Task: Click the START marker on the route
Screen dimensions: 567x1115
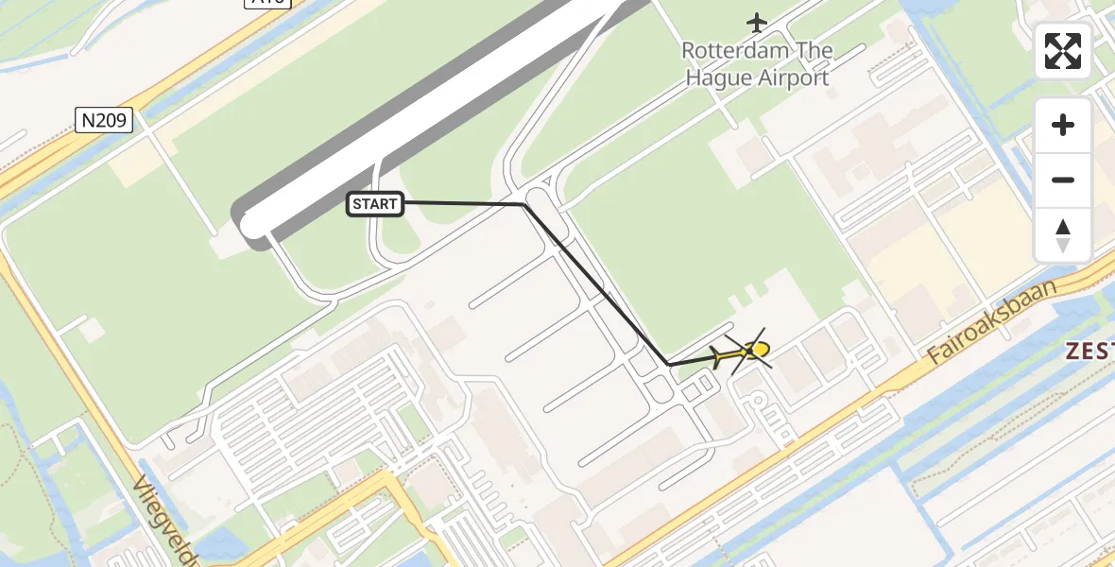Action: pyautogui.click(x=376, y=203)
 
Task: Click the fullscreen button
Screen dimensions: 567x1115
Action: pyautogui.click(x=1063, y=51)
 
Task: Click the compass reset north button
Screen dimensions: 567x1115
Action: pyautogui.click(x=1063, y=235)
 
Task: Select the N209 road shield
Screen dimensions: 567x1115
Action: pyautogui.click(x=104, y=120)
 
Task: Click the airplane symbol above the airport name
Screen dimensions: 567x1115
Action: pyautogui.click(x=757, y=21)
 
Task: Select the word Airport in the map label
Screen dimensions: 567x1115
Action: pyautogui.click(x=792, y=77)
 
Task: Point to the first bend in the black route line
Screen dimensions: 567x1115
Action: pyautogui.click(x=523, y=204)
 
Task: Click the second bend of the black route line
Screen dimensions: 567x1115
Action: pyautogui.click(x=669, y=364)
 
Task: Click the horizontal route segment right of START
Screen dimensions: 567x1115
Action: pyautogui.click(x=463, y=203)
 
